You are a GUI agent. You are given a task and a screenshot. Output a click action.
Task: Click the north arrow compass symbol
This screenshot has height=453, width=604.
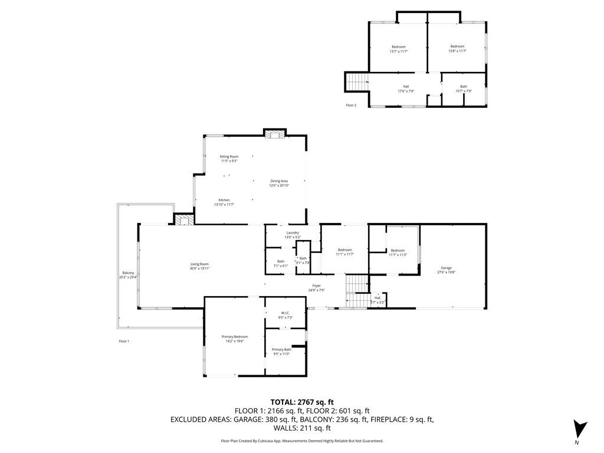(x=580, y=429)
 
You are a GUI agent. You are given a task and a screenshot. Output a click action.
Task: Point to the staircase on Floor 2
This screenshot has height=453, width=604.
(x=356, y=81)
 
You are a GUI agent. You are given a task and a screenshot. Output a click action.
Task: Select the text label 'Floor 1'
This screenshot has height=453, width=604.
(x=124, y=341)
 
